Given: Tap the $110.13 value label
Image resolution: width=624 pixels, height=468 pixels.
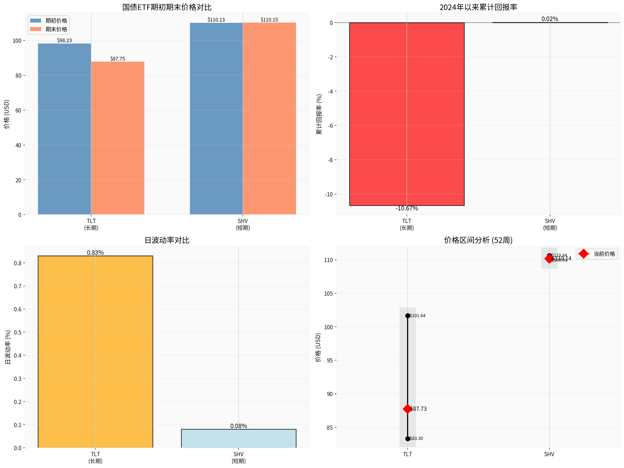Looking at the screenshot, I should coord(216,19).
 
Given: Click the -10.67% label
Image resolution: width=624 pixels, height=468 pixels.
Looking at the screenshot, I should coord(407,209).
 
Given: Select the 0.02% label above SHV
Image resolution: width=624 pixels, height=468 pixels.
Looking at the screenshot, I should coord(550,19).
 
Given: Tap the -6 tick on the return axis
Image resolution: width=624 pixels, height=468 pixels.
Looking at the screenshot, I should coord(330,126).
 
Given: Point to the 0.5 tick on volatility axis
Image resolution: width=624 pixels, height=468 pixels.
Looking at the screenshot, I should coord(18,332).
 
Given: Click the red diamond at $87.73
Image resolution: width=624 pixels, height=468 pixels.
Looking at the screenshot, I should coord(407,409).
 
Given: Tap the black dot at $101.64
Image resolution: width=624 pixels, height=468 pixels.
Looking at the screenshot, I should coord(408,316).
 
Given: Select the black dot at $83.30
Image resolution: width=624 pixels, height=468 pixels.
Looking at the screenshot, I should coord(408,439).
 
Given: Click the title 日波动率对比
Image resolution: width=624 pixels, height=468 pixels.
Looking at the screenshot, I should coord(167,240).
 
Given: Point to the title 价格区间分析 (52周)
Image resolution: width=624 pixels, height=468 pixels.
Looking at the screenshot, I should coord(478,240).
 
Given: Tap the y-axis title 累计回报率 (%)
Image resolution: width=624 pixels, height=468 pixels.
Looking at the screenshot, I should coord(319,114).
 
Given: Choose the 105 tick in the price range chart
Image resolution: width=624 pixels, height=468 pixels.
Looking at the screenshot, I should coord(328,294).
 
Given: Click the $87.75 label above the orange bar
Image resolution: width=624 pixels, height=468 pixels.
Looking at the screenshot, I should coord(118,59).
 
